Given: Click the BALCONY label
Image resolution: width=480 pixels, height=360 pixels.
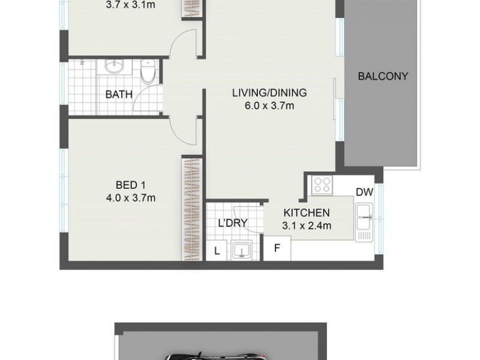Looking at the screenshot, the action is pos(383,76).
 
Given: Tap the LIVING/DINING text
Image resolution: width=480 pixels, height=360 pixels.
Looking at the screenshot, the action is pos(269,92).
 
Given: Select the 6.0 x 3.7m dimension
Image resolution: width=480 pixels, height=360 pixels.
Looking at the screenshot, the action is pos(269,106).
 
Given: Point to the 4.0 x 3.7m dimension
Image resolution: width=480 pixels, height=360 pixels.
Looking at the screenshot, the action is pos(131,198).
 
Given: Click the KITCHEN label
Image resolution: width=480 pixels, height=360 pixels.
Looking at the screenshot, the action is pos(307,212).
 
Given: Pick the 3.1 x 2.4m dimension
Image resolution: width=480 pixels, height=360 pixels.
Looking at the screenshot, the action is pos(307,226).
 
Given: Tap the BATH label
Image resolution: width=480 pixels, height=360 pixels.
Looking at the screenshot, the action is pos(119,94).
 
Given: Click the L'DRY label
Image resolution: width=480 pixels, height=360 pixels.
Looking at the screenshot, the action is pos(233,223).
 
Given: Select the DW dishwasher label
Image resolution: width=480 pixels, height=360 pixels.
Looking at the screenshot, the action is pos(365,192).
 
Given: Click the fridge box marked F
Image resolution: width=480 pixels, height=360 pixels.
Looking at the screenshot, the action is pos(277,248).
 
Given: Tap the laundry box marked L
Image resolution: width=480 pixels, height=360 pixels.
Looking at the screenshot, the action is pos(217,251).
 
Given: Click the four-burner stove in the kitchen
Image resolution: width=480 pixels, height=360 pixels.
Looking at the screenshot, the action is pos(322,185).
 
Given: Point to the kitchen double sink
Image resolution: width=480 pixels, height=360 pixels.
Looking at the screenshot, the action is pos(364,222).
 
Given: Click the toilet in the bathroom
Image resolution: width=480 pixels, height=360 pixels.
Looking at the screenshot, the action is pos(148,72).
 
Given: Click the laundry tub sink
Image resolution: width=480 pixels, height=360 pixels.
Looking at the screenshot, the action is pos(242,250).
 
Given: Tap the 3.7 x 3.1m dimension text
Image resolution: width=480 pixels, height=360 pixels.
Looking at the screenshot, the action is pos(130,5).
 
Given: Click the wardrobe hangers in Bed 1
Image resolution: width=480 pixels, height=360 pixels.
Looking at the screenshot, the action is pos(192,209).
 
